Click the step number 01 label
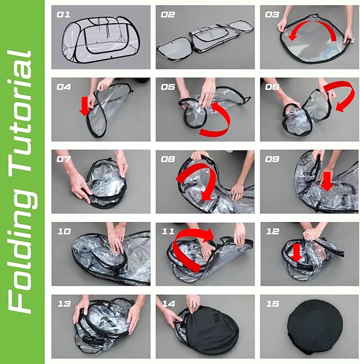click(63, 15)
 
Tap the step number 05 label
click(168, 87)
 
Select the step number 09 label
click(272, 159)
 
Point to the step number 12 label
click(273, 231)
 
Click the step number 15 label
click(273, 304)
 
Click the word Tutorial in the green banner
click(21, 111)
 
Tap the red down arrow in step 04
click(85, 106)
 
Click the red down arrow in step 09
click(327, 182)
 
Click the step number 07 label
click(64, 159)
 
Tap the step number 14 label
click(168, 304)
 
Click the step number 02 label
click(168, 15)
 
